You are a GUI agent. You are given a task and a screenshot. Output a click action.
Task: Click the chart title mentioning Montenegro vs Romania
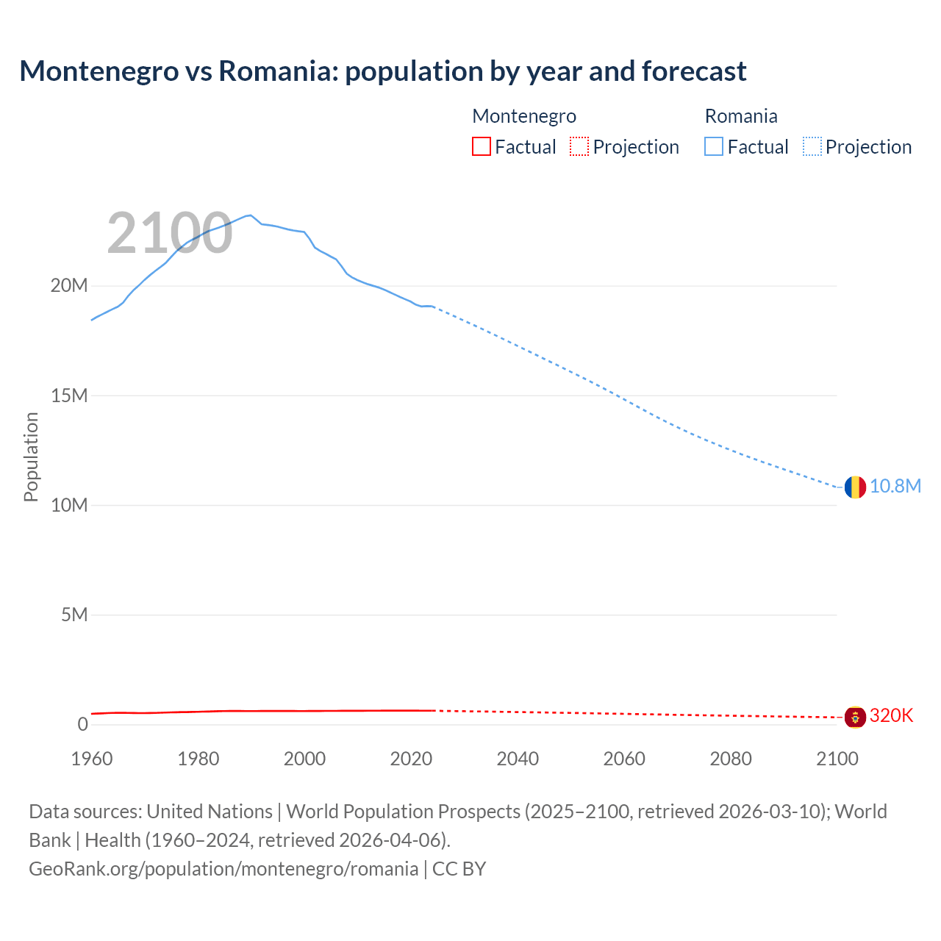[382, 71]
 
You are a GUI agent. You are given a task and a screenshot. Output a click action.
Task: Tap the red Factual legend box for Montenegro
[481, 146]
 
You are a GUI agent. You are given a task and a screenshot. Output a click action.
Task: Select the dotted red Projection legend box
[579, 146]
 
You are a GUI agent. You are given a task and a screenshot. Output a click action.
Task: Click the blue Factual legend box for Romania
[714, 146]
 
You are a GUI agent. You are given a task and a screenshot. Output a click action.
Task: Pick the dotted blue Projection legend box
[812, 146]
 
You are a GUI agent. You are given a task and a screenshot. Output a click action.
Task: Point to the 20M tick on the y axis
[69, 285]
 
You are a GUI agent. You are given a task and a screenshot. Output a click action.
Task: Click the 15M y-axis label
[69, 396]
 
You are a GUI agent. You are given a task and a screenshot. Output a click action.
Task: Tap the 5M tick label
[74, 615]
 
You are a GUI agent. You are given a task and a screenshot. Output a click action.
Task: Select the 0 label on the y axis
[82, 724]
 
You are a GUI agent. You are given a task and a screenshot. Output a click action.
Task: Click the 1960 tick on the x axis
[92, 759]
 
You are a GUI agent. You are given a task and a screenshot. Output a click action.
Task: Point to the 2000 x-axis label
[304, 759]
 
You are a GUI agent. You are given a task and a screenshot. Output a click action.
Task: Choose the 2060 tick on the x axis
[624, 759]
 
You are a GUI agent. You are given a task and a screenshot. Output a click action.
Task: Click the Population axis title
[31, 457]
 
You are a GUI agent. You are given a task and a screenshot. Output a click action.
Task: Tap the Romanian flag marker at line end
[854, 487]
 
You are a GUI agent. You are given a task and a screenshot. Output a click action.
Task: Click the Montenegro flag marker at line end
[854, 717]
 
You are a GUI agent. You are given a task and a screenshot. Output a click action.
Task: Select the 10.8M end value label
[895, 487]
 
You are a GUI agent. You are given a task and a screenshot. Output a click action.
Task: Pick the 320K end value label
[891, 716]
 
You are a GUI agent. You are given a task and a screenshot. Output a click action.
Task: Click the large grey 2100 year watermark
[170, 234]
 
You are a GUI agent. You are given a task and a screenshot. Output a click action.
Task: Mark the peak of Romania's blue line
[251, 215]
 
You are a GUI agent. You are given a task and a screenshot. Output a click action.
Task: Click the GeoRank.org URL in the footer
[223, 869]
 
